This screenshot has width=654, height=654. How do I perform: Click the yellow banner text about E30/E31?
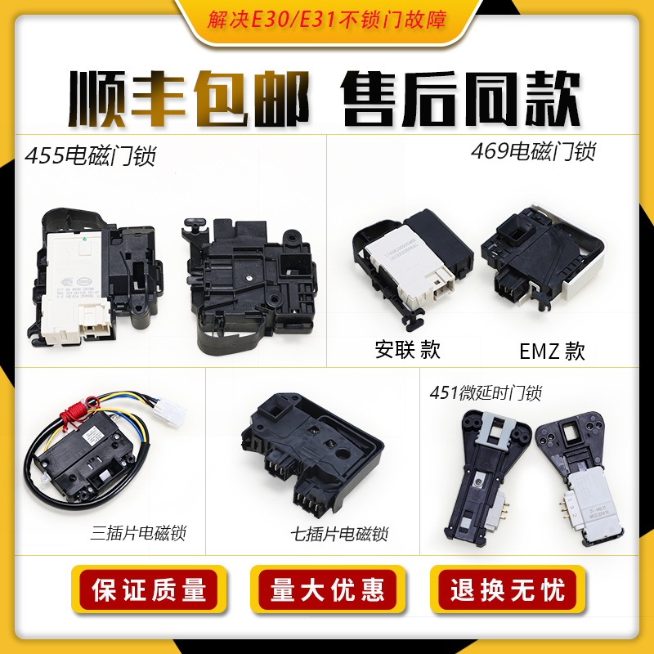(327, 20)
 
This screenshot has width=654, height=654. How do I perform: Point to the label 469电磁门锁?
(533, 151)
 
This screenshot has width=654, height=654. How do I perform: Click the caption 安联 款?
(407, 350)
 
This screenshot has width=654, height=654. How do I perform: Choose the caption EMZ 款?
(553, 352)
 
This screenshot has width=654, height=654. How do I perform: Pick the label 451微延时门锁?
(486, 393)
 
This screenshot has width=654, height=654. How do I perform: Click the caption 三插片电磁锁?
(139, 534)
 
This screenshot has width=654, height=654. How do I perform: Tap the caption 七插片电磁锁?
(339, 535)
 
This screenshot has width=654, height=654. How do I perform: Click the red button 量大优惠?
(327, 589)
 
